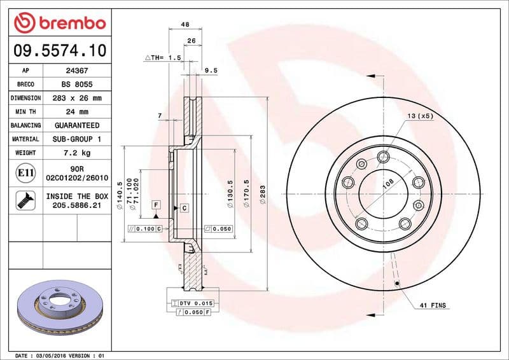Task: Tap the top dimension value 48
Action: pyautogui.click(x=186, y=24)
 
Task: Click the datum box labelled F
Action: pyautogui.click(x=155, y=204)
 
